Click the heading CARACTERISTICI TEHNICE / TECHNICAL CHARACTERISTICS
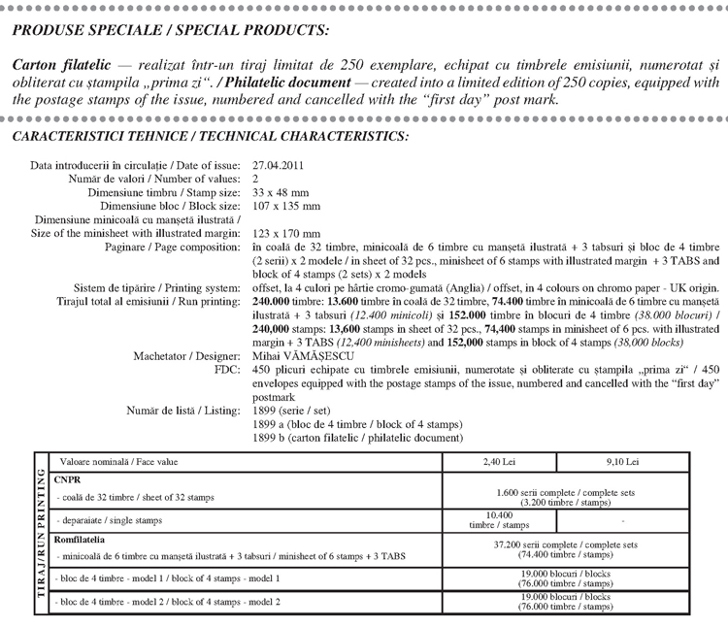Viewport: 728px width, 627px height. pyautogui.click(x=211, y=137)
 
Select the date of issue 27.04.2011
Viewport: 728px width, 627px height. pyautogui.click(x=279, y=166)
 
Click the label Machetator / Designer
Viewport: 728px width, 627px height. pyautogui.click(x=187, y=356)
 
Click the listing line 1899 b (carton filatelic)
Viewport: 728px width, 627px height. pyautogui.click(x=355, y=438)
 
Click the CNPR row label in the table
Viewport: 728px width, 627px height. pyautogui.click(x=71, y=479)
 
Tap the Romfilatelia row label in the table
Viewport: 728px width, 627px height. pyautogui.click(x=87, y=538)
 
